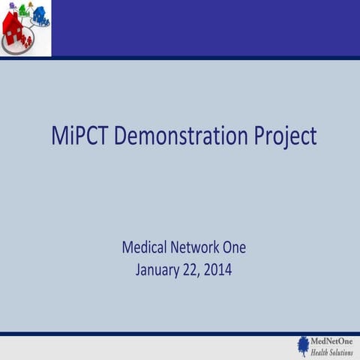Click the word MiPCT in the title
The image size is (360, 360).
[79, 136]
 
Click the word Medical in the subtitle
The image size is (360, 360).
[145, 247]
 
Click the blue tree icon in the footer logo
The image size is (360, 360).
[303, 346]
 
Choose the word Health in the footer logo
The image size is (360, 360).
[321, 352]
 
